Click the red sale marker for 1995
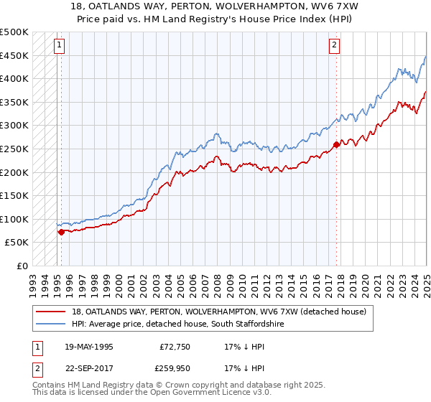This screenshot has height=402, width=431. pos(61,232)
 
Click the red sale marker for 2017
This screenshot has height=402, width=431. pos(336,144)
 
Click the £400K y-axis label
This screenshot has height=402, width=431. pos(14,79)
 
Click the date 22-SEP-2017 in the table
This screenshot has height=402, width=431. pos(88,368)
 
